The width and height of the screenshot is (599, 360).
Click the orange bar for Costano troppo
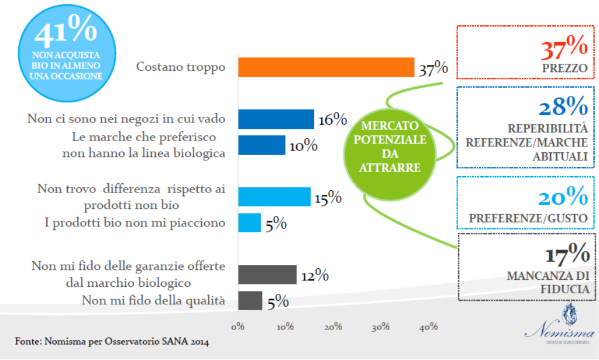[326, 67]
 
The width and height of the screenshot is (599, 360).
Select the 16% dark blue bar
[276, 119]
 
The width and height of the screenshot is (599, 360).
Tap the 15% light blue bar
[274, 197]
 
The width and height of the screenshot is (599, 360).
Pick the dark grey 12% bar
[267, 274]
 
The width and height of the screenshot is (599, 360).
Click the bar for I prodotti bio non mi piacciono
[249, 222]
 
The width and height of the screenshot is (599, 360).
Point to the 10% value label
[303, 146]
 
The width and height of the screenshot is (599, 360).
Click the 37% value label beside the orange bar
[433, 69]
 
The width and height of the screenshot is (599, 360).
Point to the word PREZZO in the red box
[564, 68]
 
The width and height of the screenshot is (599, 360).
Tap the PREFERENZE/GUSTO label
[528, 218]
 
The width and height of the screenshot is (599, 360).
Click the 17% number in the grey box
[567, 255]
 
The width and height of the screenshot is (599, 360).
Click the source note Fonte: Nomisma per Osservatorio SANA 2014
[112, 341]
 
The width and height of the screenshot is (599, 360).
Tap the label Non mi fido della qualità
[153, 300]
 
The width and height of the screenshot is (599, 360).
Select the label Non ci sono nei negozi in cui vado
[126, 119]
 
